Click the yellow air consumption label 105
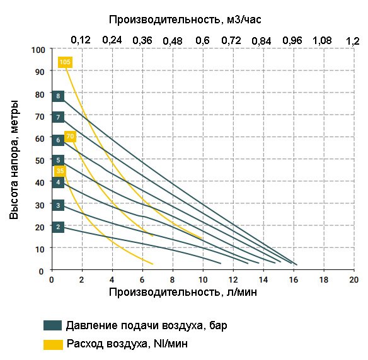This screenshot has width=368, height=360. [x=65, y=62]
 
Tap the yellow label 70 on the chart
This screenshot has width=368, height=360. [x=70, y=136]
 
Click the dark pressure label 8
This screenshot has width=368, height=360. [x=58, y=96]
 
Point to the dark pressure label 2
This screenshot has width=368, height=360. [x=58, y=227]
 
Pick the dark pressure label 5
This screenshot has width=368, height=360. [x=58, y=160]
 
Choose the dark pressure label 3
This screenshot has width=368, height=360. [x=58, y=205]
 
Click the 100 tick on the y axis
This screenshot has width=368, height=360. [x=38, y=49]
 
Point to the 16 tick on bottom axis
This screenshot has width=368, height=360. [x=293, y=279]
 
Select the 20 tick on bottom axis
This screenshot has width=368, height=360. [x=354, y=279]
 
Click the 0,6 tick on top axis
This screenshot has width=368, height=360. [x=202, y=40]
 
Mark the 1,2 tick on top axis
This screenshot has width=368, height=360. [x=353, y=40]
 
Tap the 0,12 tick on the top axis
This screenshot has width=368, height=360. [x=81, y=40]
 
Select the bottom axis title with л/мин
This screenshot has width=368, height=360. [x=182, y=293]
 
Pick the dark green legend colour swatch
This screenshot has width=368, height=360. [x=52, y=325]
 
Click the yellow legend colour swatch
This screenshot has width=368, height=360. [x=52, y=344]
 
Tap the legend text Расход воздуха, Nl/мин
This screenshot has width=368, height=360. [x=127, y=344]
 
